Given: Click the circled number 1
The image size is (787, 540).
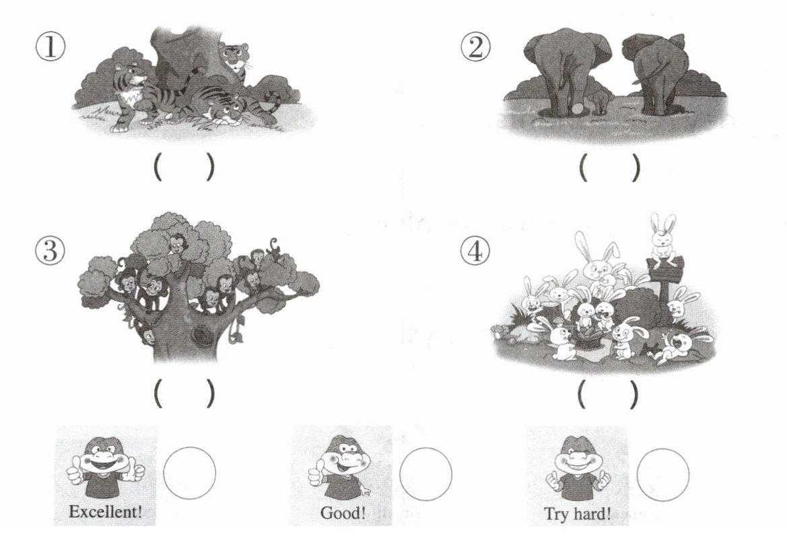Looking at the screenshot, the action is point(50,48).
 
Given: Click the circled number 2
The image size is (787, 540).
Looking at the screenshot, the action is point(475,48).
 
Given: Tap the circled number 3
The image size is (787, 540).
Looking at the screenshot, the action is point(50,250).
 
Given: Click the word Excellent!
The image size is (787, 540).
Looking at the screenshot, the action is point(106,512).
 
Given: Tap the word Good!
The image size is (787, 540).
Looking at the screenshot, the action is point(343,513).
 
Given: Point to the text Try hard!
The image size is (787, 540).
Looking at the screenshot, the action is point(578,514).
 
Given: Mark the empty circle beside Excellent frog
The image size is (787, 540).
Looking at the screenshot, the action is point(190,473).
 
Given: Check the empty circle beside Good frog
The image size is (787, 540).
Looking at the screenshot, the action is point(425,473).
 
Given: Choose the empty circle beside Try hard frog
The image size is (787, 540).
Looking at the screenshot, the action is point(662,474).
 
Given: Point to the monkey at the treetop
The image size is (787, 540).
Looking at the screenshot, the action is point(176,245).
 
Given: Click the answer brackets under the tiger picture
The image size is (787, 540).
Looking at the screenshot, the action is point(184,167).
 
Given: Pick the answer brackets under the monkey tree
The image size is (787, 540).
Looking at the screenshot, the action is point(184,393).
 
